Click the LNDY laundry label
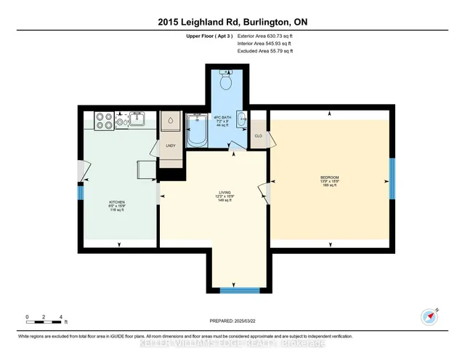click(x=171, y=145)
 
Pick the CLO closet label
click(x=258, y=135)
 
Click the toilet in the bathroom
click(x=225, y=82)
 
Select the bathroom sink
click(x=241, y=121)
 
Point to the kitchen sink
click(x=136, y=119)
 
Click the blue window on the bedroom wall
click(x=390, y=178)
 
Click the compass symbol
click(x=428, y=316)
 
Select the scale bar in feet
click(x=45, y=318)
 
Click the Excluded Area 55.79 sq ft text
click(x=266, y=52)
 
